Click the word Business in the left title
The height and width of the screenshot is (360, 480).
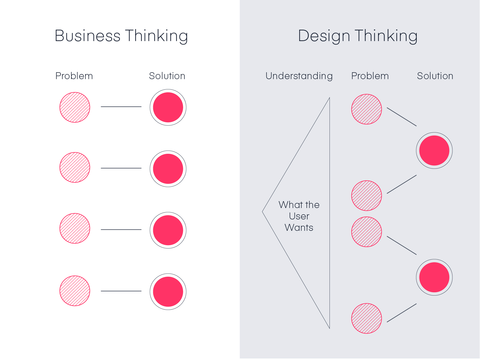point(88,36)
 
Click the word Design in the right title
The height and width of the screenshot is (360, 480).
point(324,36)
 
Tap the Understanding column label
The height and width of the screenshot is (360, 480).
point(299,76)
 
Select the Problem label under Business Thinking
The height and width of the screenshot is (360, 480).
point(74,76)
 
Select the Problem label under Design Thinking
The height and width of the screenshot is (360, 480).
point(370,76)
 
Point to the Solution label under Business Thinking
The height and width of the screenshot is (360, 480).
point(167,76)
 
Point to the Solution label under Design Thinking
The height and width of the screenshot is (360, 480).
point(435,76)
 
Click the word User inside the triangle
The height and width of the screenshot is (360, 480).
point(299,216)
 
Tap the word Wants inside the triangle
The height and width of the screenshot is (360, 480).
point(299,228)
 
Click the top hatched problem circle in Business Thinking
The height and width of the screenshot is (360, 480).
point(75,107)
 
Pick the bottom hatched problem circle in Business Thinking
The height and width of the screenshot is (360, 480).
point(75,291)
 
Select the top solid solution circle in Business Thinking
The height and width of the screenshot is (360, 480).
point(168,107)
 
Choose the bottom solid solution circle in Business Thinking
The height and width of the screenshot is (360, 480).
point(168,292)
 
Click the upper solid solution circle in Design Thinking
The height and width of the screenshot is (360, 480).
point(434,150)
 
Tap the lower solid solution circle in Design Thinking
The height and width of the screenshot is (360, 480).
point(434,277)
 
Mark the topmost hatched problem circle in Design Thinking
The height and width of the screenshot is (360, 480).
point(366,109)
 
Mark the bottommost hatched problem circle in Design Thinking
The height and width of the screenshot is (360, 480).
point(366,318)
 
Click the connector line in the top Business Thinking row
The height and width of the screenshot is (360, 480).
point(121,107)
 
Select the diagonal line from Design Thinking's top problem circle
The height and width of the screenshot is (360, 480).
point(402,117)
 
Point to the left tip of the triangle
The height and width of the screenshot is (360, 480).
point(263,212)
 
